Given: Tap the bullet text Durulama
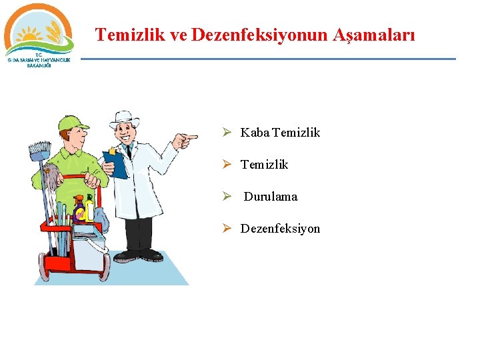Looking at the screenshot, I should [270, 197].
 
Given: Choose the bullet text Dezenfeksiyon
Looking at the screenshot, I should [280, 229].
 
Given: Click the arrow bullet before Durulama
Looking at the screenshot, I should [227, 197].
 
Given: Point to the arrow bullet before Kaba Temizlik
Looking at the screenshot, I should [227, 133].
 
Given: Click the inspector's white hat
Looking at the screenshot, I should [125, 119].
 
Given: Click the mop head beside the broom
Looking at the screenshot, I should [49, 176].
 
